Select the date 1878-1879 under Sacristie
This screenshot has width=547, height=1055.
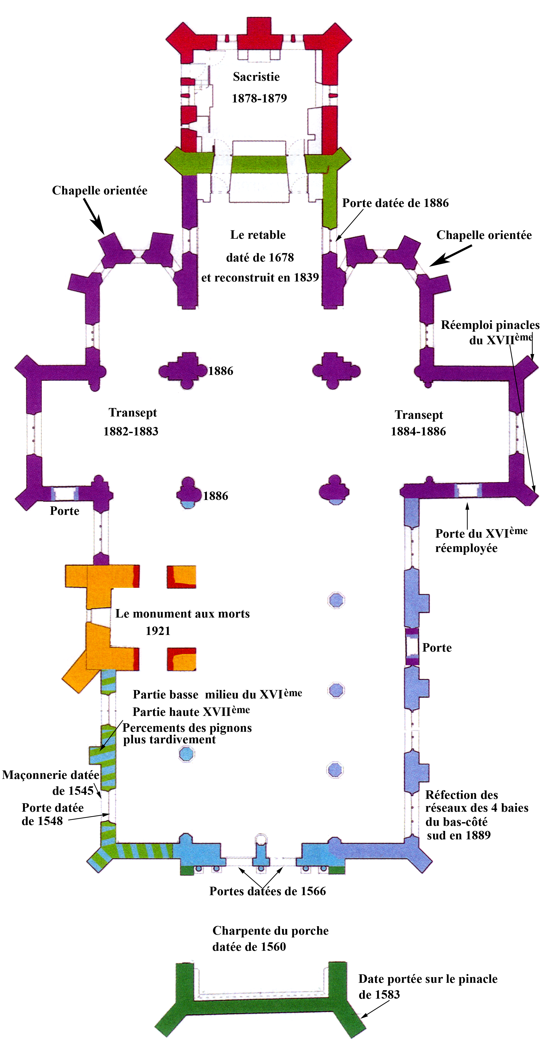coord(259,98)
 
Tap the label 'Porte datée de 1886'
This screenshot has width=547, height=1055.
coord(395,203)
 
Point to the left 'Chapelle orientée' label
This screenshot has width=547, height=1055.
coord(100,191)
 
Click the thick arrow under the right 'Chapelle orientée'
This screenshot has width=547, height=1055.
coord(451,256)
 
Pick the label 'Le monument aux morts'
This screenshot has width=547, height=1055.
coord(183,613)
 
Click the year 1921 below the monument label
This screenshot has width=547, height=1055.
coord(158,631)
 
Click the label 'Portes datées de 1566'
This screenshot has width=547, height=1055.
coord(267,891)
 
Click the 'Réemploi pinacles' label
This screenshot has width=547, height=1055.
coord(490,325)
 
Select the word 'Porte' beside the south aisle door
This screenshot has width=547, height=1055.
coord(437,647)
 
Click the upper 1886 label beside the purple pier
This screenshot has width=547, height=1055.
coord(221,371)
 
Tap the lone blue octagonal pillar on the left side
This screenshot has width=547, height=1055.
coord(187,753)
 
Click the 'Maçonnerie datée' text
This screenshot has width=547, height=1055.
coord(50,775)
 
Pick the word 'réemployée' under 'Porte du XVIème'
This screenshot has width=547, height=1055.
coord(466,548)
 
